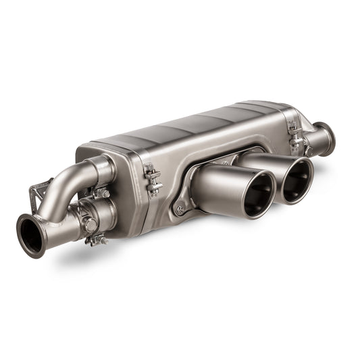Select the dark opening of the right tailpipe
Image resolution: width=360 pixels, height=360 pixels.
(297, 181)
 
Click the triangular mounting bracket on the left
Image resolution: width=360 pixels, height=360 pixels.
(37, 196)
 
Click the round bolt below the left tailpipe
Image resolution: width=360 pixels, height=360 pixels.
(180, 209)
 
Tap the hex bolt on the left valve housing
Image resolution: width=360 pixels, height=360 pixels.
(91, 225)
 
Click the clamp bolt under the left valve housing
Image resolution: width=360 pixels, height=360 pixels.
(97, 240)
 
